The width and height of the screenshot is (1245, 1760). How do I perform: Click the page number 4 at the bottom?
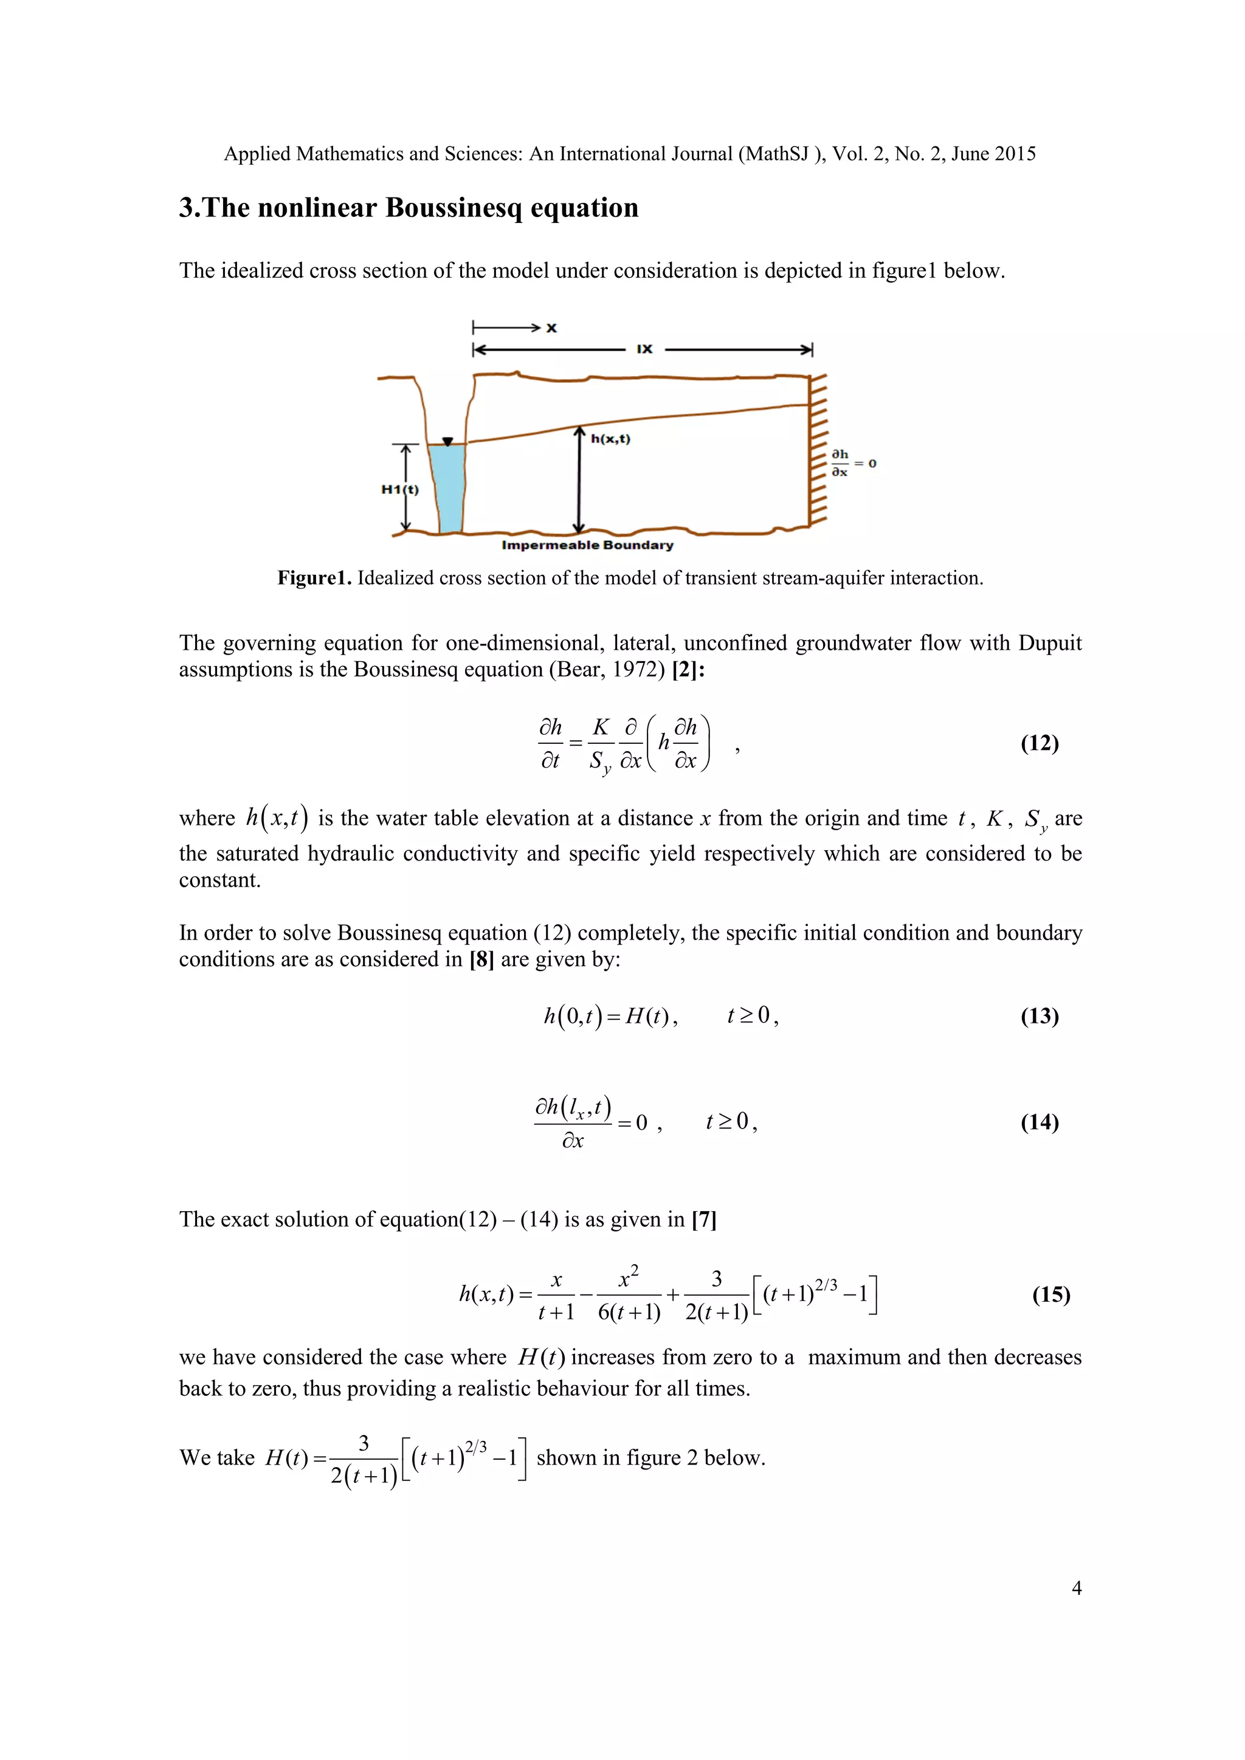(x=1077, y=1587)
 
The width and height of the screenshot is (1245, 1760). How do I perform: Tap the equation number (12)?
(x=1040, y=743)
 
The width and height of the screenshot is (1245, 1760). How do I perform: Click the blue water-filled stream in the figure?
(x=447, y=487)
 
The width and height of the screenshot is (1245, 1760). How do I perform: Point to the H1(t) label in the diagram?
(x=400, y=489)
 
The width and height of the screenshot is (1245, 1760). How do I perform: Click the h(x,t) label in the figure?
(x=610, y=439)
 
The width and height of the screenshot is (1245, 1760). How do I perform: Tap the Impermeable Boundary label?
(x=587, y=545)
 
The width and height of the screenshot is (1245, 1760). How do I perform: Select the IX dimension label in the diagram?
(x=645, y=349)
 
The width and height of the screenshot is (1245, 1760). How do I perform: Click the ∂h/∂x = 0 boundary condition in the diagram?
(x=852, y=463)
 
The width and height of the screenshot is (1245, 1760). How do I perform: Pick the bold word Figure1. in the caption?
(x=314, y=578)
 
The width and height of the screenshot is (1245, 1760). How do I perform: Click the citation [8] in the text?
(x=481, y=959)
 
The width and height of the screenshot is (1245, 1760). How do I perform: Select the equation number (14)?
(x=1040, y=1122)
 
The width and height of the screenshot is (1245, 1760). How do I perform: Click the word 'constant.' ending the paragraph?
(x=220, y=880)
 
